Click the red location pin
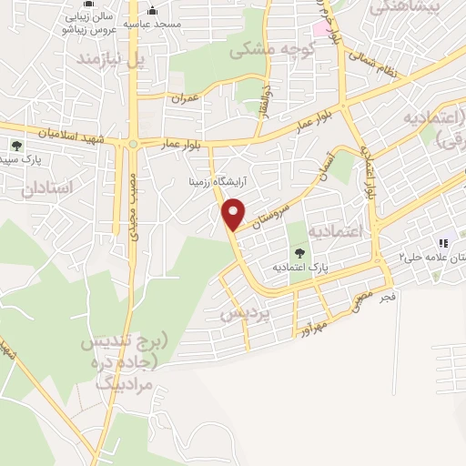point(234,214)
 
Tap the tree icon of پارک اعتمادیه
point(299,253)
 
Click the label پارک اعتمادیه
point(299,268)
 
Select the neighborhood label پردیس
point(246,313)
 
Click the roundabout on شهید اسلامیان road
point(133,144)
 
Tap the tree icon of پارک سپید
point(15,145)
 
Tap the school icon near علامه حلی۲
point(444,243)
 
